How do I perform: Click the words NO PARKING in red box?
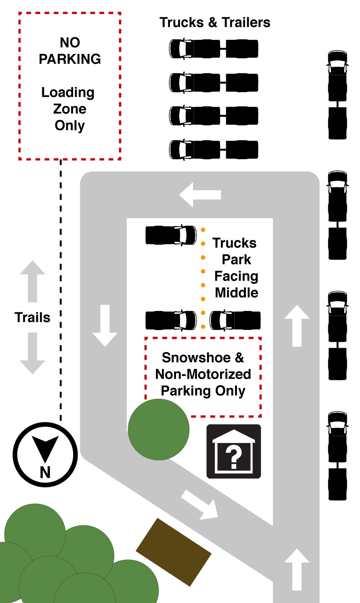point(70,51)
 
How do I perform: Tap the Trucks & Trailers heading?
point(215,23)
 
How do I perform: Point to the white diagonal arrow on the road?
point(200,505)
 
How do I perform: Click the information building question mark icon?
point(233,451)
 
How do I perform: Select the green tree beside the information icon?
point(158,429)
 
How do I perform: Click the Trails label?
point(33,318)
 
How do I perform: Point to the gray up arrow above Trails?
point(33,281)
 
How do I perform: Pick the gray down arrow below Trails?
point(33,353)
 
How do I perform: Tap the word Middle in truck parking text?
point(236,293)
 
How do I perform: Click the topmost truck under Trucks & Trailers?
point(213,49)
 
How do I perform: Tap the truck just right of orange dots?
point(235,320)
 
